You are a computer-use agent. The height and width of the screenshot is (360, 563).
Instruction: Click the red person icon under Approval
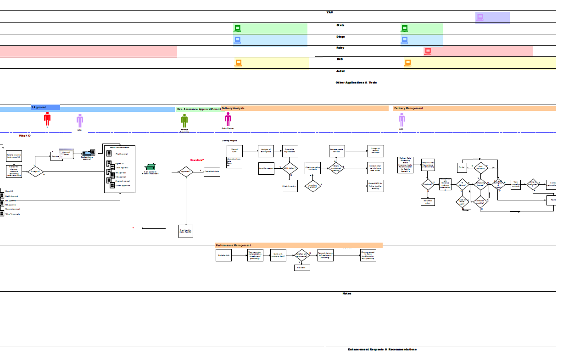[x=47, y=119]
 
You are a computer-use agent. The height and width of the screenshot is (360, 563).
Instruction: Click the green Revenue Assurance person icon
[x=184, y=121]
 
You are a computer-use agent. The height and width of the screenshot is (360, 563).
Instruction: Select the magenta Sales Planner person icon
[x=228, y=119]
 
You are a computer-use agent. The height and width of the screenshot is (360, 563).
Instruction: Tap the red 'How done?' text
[x=197, y=160]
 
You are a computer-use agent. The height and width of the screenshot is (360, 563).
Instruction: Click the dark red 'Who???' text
[x=25, y=136]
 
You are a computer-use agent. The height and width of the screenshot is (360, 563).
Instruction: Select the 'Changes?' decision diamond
[x=35, y=172]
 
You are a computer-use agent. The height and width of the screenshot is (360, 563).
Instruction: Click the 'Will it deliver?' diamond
[x=290, y=168]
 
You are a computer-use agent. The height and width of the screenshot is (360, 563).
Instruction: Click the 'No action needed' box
[x=266, y=168]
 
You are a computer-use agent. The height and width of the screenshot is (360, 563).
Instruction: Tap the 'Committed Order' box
[x=212, y=172]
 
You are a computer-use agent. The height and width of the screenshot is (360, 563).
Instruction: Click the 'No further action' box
[x=428, y=201]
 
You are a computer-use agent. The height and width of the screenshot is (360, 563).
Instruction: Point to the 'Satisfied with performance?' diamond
[x=302, y=255]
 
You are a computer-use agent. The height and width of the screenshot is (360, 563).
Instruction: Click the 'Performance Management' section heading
[x=234, y=245]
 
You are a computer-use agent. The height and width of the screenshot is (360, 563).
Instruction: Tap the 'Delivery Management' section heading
[x=409, y=108]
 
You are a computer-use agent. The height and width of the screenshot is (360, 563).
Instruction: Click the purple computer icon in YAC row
[x=480, y=17]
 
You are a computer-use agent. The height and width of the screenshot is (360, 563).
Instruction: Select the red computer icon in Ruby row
[x=428, y=51]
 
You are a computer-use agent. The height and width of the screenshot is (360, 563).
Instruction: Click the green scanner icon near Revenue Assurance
[x=150, y=167]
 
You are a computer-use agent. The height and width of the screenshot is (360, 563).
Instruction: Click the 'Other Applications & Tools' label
[x=356, y=83]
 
